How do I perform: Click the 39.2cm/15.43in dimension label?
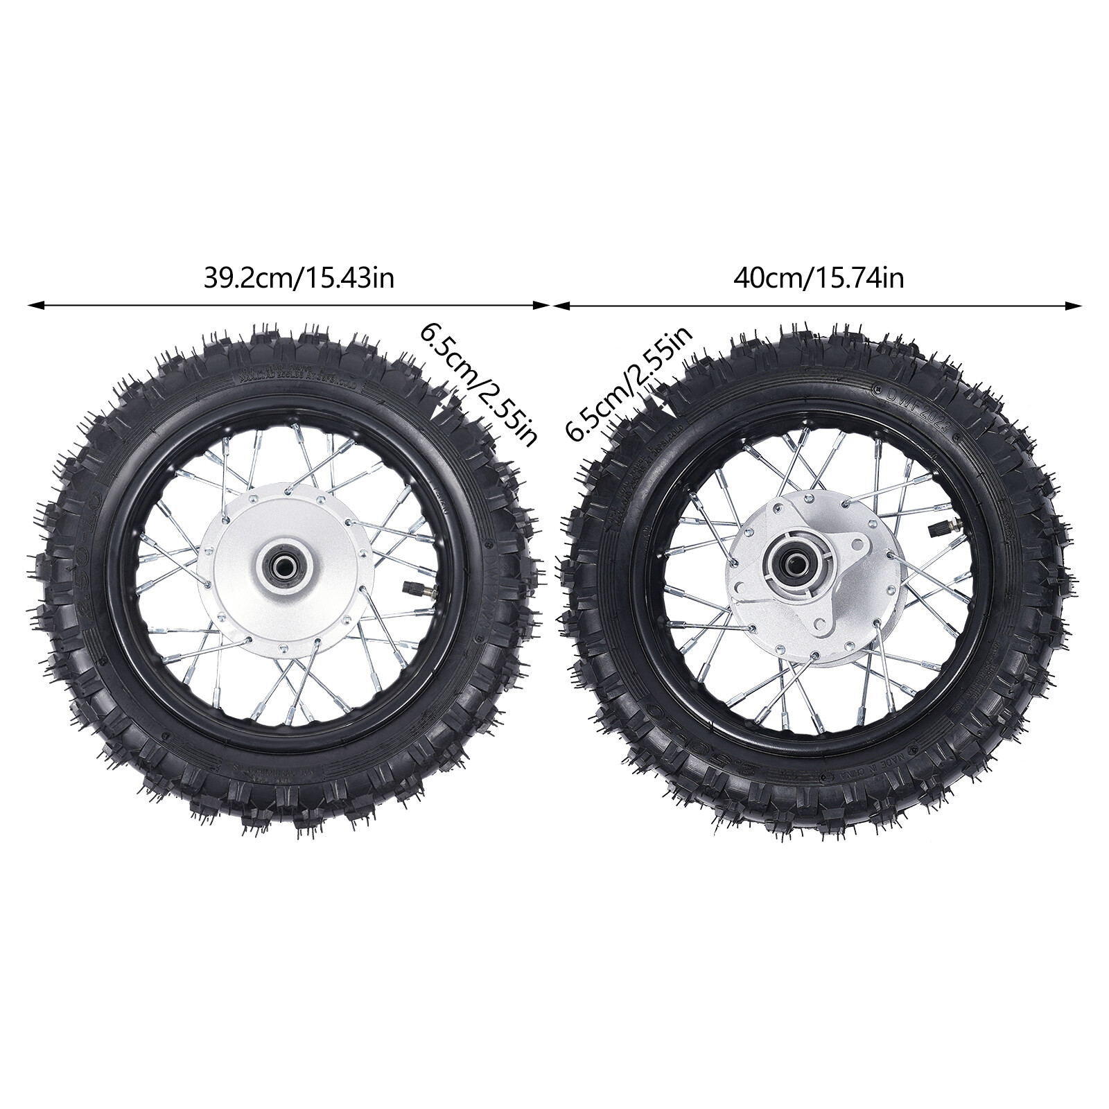click(x=299, y=279)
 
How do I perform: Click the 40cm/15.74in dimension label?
click(x=819, y=279)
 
